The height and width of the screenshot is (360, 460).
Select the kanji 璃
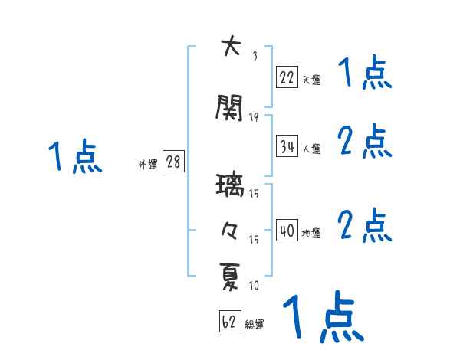[230, 186]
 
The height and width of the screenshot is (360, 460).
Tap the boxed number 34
[287, 146]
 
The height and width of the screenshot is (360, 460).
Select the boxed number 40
[287, 231]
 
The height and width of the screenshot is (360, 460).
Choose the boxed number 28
[173, 162]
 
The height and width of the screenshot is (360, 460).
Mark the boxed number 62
[229, 322]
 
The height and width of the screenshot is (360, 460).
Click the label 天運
[311, 79]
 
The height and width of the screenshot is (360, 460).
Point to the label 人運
[311, 149]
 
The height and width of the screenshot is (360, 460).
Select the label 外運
[148, 165]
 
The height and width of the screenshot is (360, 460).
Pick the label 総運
[255, 325]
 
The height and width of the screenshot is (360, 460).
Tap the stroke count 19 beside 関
[254, 116]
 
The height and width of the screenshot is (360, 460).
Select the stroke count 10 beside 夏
[254, 286]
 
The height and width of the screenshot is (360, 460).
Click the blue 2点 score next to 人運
[365, 142]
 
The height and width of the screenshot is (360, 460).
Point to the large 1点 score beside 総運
[323, 316]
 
